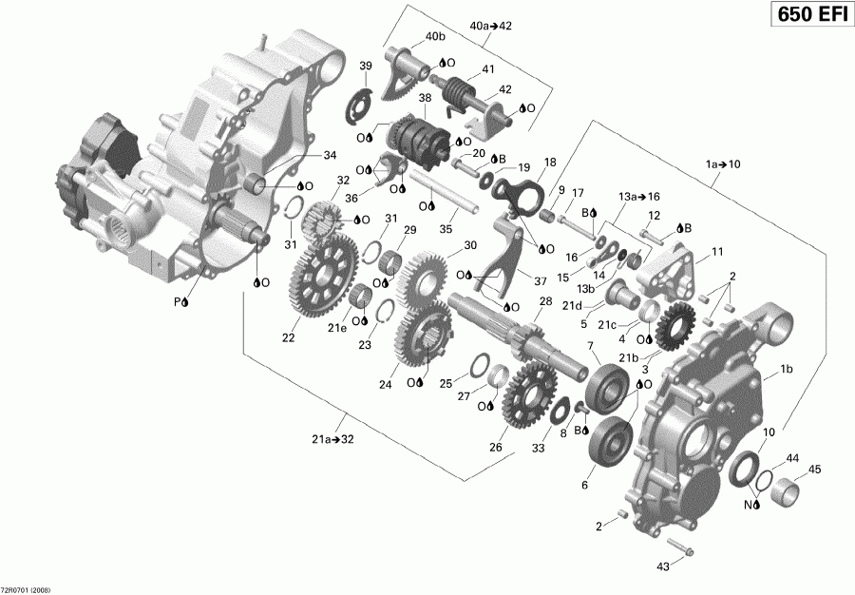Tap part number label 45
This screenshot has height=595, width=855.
[x=814, y=469]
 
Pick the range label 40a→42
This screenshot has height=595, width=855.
[x=490, y=26]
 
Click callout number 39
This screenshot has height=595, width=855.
[x=365, y=66]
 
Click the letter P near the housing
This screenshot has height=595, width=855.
[x=177, y=301]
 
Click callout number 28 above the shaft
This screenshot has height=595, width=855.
[x=545, y=301]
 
